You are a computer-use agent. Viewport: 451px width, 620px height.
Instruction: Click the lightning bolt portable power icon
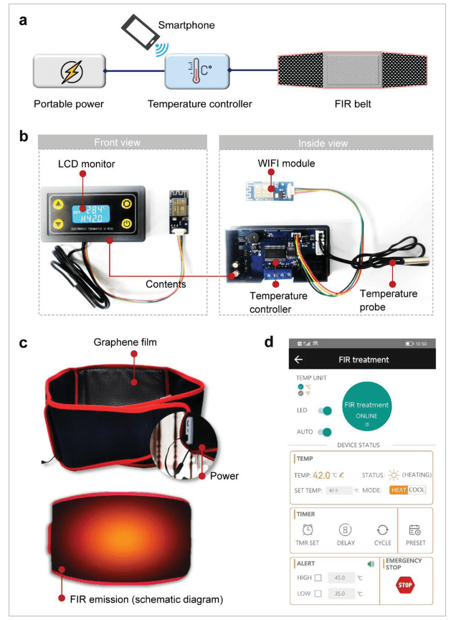tap(70, 72)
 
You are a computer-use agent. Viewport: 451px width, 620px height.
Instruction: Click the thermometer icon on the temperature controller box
tap(187, 71)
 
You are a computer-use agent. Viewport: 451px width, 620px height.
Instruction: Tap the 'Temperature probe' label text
tap(388, 300)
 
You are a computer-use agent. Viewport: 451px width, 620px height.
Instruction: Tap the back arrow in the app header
tap(299, 360)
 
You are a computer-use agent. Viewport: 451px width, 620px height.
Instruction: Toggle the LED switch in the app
tap(325, 410)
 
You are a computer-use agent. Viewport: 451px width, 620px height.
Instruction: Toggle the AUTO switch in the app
tap(325, 432)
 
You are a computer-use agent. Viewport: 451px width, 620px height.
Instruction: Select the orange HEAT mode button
tap(398, 490)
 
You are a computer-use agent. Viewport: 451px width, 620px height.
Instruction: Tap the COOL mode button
tap(417, 490)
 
